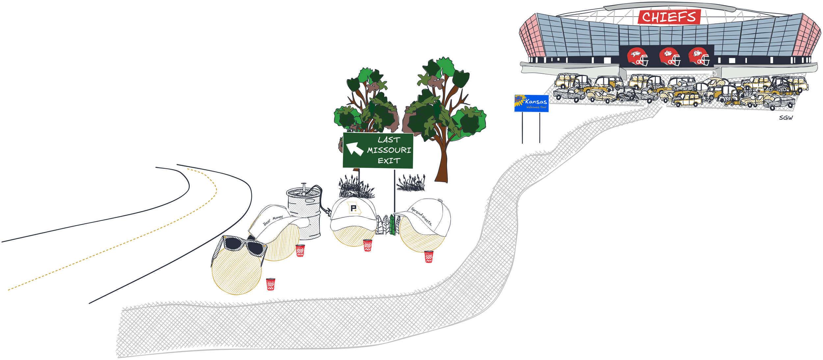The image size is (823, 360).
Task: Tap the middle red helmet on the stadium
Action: tap(669, 57)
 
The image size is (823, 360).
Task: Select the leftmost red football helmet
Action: tap(637, 57)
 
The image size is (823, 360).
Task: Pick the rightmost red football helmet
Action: tap(699, 57)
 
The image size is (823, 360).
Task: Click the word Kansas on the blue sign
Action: tap(536, 101)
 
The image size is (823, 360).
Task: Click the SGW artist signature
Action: tap(786, 118)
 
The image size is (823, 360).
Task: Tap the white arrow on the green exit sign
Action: tap(354, 149)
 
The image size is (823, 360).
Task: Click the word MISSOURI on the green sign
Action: tap(389, 150)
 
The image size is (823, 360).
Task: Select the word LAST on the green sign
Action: tap(389, 140)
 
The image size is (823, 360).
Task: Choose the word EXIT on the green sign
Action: tap(389, 161)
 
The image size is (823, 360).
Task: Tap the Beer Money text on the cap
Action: tap(273, 220)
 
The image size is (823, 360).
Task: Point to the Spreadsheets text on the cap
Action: tap(421, 216)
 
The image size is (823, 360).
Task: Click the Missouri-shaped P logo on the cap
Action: tap(354, 208)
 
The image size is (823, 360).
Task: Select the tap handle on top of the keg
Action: tap(304, 187)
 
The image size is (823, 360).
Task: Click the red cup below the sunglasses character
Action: tap(271, 284)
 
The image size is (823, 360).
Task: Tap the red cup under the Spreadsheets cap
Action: tap(429, 257)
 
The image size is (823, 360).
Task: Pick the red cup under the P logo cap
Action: tap(368, 245)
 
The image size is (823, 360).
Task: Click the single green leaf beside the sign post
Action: tap(392, 224)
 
